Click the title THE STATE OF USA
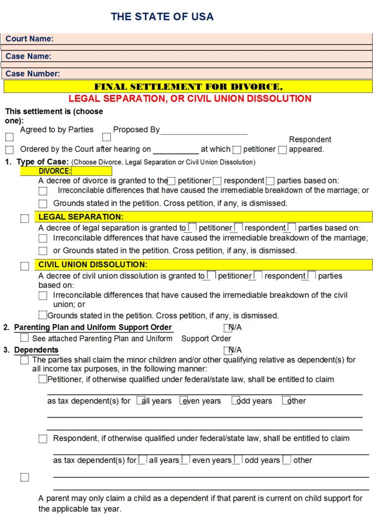162,17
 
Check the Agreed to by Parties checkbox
10,137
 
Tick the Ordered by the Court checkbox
10,150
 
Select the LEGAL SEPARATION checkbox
25,218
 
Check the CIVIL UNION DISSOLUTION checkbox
25,266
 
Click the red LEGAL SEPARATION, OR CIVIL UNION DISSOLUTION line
190,99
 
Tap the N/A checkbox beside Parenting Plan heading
227,328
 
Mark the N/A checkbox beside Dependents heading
227,350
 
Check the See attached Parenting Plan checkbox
25,338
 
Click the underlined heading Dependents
36,350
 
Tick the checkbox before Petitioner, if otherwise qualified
43,379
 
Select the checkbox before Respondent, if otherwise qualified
43,439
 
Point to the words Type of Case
42,162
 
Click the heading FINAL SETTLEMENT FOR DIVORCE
188,87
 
